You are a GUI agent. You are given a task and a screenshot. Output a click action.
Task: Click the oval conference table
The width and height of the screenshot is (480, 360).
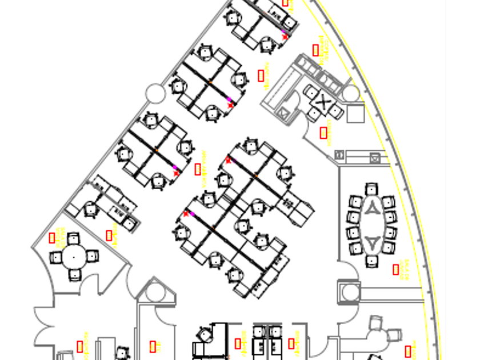click(x=371, y=225)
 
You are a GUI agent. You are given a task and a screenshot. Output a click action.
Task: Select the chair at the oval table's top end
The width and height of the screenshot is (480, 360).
click(x=372, y=189)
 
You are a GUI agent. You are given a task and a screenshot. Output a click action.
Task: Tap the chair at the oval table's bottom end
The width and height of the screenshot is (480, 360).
click(x=372, y=261)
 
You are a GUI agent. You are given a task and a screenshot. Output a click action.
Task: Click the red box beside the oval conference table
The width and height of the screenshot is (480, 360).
click(x=396, y=269)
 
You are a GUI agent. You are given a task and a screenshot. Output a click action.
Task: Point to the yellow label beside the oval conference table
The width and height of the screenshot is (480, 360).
click(x=405, y=269)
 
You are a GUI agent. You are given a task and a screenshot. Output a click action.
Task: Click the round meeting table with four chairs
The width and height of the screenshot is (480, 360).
click(x=74, y=257)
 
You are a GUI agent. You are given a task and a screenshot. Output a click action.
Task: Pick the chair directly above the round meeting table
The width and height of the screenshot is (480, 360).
click(x=74, y=238)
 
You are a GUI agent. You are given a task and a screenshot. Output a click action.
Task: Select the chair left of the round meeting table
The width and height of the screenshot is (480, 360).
click(x=55, y=257)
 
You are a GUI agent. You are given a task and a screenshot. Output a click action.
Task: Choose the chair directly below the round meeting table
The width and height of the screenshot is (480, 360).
click(x=75, y=275)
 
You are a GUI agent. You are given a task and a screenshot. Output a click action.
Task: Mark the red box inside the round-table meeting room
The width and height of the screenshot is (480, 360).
click(x=52, y=238)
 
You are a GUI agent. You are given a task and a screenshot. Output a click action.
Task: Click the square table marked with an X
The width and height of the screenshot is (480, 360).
click(x=323, y=103)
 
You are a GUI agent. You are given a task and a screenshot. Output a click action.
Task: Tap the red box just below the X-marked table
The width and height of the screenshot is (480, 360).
click(x=323, y=133)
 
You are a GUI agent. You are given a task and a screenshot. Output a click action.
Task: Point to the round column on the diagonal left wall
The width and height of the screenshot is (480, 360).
click(x=155, y=93)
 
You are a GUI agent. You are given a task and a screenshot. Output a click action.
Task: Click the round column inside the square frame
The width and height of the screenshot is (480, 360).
click(x=350, y=293)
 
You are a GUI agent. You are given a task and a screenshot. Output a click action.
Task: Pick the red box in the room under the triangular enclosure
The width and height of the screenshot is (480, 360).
click(x=153, y=346)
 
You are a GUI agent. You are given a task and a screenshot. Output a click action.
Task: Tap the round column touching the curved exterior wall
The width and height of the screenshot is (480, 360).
click(x=351, y=93)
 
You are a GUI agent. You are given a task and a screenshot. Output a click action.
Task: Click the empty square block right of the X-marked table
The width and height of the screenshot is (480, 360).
click(x=355, y=114)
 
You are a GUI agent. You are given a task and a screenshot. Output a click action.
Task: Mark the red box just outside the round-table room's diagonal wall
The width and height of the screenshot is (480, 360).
click(x=109, y=234)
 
